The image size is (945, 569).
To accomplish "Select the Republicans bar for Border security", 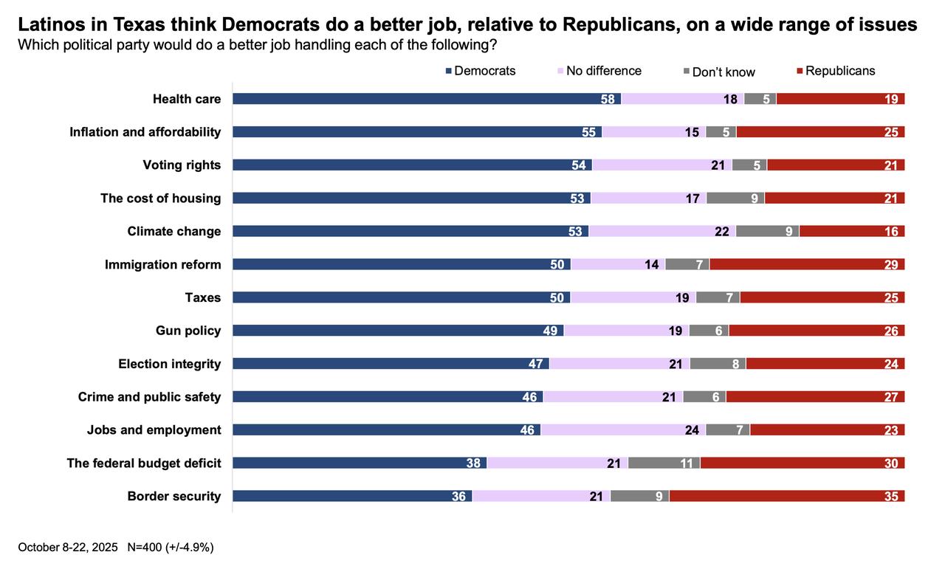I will click(x=787, y=496).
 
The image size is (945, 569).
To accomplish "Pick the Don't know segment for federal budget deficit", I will click(x=664, y=463).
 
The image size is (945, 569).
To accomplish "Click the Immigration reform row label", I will click(x=162, y=264).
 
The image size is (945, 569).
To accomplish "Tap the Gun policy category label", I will click(x=188, y=331).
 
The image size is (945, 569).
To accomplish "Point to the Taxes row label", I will click(x=202, y=297).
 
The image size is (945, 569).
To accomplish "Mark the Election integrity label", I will click(x=169, y=364).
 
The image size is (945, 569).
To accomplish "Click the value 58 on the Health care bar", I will click(x=608, y=99).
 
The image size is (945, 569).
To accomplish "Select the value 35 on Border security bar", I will click(x=891, y=497).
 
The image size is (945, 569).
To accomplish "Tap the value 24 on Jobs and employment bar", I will click(x=692, y=430).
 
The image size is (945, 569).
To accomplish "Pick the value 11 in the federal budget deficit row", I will click(x=686, y=463).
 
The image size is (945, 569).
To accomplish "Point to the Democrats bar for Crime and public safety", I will click(x=388, y=396).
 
